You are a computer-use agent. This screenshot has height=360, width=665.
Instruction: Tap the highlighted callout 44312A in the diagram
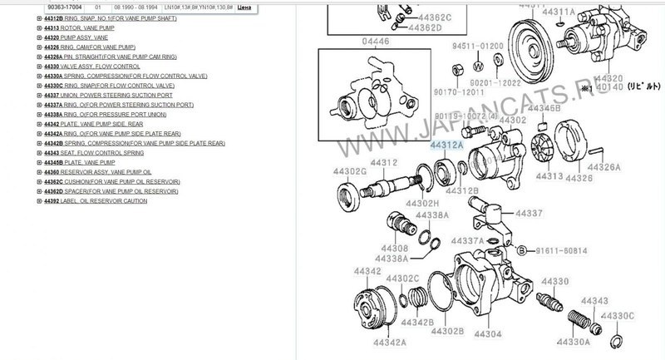(x=446, y=144)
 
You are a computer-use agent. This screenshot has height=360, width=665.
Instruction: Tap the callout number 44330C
(x=618, y=315)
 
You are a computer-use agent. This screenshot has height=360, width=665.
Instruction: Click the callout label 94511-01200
(x=476, y=46)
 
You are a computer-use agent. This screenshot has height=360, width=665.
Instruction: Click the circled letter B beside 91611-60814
(x=521, y=249)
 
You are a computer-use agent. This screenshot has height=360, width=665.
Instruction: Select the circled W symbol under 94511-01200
(x=479, y=65)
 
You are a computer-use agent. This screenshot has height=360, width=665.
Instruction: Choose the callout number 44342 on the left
(x=367, y=271)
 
